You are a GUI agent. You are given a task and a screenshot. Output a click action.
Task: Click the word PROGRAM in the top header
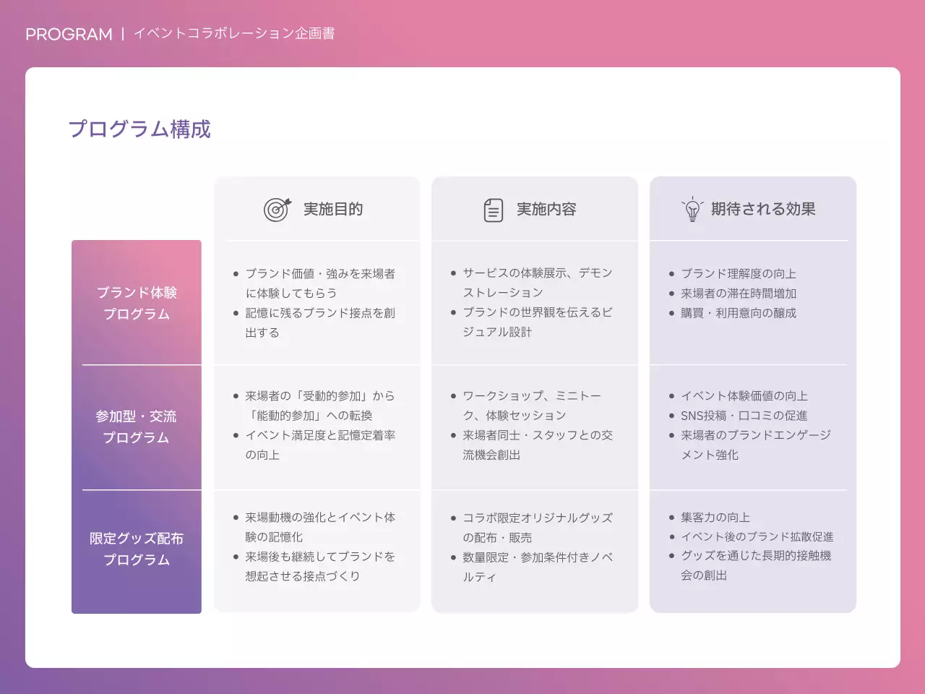coord(69,34)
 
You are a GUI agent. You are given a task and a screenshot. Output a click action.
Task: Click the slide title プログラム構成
coord(139,129)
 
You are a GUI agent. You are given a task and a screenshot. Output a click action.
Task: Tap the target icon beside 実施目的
coord(277,209)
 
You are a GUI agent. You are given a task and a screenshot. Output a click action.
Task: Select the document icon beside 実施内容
coord(493,210)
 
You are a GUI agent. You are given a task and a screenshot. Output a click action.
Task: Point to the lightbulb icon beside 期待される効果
coord(692,209)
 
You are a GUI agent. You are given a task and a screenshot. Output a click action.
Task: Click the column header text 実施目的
coord(332,209)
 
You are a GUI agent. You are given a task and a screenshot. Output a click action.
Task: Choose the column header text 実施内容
coord(546,209)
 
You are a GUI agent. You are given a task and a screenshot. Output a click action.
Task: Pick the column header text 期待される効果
coord(763,209)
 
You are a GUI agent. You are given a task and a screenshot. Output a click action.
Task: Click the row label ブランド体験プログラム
coord(137,303)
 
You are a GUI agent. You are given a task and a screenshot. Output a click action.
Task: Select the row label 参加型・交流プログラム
coord(136,427)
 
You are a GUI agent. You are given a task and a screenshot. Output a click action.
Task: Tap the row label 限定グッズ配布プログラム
coord(137,549)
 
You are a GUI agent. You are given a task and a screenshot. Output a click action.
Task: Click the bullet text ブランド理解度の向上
coord(739,273)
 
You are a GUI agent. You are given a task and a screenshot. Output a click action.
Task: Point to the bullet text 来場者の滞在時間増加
coord(739,293)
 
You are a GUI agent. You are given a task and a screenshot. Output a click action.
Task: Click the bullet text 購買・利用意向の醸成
coord(739,312)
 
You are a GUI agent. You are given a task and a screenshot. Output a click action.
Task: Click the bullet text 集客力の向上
coord(715,517)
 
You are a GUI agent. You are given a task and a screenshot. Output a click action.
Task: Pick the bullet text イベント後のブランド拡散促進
coord(757,536)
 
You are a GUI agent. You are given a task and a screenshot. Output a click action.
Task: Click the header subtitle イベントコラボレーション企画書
coord(234,33)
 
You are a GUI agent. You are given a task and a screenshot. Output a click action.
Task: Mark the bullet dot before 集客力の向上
coord(671,518)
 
